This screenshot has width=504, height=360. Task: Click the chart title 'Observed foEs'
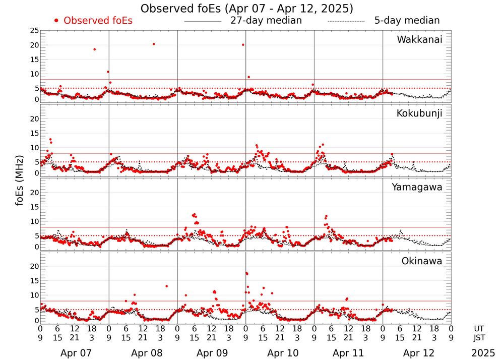(246, 9)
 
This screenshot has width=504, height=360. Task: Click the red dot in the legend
(56, 21)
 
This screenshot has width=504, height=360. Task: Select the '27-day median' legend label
(266, 21)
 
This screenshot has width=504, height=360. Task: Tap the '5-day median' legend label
(407, 21)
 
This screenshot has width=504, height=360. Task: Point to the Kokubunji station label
(419, 113)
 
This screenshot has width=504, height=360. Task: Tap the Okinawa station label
(421, 261)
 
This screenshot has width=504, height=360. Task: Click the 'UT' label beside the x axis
(479, 329)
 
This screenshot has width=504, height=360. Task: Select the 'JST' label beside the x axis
(479, 337)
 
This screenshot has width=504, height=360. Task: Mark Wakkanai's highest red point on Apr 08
(154, 44)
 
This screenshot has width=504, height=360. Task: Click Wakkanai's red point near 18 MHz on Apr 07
(94, 49)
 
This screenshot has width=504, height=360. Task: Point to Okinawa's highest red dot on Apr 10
(246, 273)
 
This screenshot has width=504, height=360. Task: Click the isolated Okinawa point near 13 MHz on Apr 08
(166, 286)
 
